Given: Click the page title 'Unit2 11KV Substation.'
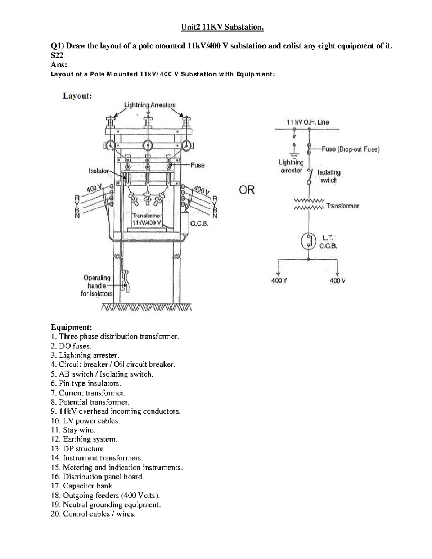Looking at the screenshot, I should click(x=222, y=27).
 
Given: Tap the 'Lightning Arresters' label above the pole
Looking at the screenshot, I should click(x=150, y=105).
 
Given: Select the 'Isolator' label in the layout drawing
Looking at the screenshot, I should click(x=99, y=171).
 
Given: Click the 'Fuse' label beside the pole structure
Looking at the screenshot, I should click(x=197, y=165).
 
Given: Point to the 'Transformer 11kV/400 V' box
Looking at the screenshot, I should click(x=147, y=219).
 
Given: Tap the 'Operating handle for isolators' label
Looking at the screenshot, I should click(x=97, y=285).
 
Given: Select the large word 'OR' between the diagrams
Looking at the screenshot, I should click(x=247, y=189).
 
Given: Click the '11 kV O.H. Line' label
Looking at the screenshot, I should click(x=307, y=122).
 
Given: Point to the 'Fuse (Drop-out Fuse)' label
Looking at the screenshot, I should click(x=349, y=149).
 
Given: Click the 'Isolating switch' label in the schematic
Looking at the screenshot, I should click(x=329, y=176).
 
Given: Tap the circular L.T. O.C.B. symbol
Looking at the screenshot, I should click(x=309, y=241).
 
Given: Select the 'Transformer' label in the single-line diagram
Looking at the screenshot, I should click(x=342, y=206).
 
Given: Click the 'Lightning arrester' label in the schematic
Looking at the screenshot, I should click(x=291, y=166).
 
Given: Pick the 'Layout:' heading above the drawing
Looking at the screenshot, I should click(x=77, y=96).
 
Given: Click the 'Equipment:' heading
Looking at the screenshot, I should click(x=71, y=327).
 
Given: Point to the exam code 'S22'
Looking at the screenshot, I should click(x=57, y=55).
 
